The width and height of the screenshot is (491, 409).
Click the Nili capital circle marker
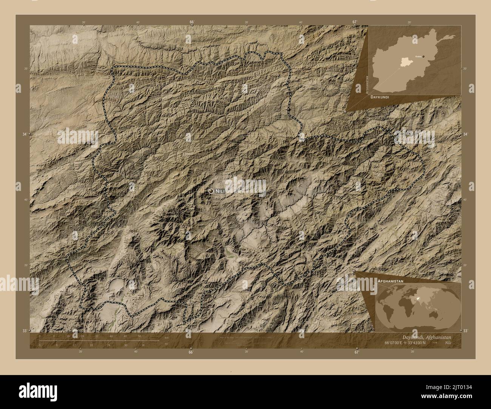click(211, 191)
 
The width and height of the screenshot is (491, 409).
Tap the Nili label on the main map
click(220, 192)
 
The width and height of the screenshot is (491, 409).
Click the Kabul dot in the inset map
click(423, 56)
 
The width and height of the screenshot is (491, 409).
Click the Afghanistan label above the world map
click(390, 281)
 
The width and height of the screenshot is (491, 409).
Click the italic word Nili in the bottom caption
click(448, 342)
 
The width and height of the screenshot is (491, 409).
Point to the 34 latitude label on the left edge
click(25, 134)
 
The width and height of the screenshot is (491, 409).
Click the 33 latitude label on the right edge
click(465, 331)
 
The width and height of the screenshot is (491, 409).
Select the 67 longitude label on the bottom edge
click(356, 352)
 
